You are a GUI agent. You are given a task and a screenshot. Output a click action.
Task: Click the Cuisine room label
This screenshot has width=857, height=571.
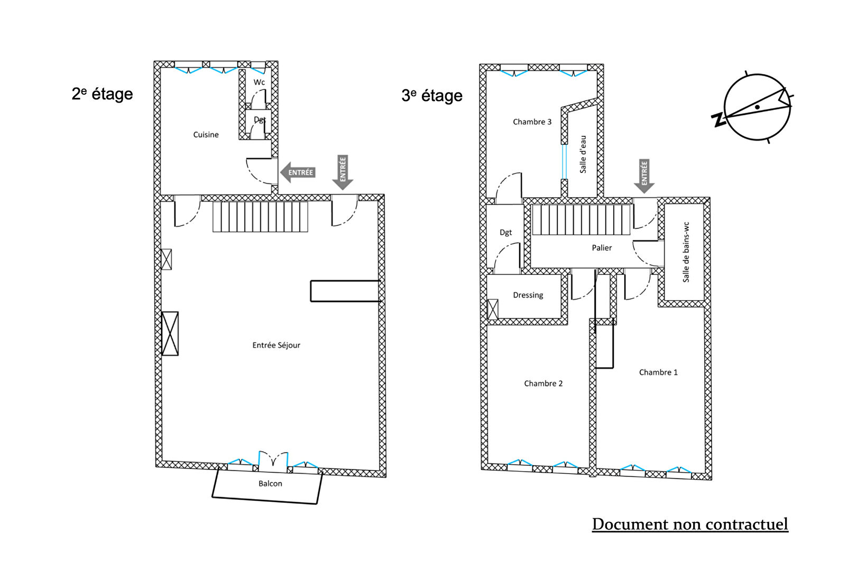[206, 135]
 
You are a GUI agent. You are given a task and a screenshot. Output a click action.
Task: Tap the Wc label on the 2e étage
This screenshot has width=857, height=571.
[259, 82]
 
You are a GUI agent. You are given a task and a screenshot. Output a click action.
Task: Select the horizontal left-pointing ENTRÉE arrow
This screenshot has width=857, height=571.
[298, 172]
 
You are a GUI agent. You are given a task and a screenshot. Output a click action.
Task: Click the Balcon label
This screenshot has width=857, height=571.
[270, 484]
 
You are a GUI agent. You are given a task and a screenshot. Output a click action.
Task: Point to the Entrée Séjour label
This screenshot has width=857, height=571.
[276, 345]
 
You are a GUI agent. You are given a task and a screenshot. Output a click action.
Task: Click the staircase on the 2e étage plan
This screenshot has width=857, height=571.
[260, 217]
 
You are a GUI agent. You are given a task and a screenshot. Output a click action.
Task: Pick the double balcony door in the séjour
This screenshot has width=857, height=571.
[273, 461]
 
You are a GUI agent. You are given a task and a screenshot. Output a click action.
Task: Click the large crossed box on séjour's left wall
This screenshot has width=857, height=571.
[170, 334]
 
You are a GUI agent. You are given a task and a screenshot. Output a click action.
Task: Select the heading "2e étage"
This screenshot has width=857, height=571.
[102, 94]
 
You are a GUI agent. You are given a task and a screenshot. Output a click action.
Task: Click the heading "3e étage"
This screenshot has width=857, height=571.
[431, 96]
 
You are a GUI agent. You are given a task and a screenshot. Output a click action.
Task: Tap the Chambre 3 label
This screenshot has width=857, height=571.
[532, 122]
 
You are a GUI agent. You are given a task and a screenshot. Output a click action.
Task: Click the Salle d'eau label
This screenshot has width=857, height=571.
[583, 154]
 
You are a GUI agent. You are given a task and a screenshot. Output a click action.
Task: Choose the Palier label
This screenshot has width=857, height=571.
[602, 248]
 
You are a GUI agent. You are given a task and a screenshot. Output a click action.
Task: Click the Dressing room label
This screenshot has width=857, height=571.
[528, 296]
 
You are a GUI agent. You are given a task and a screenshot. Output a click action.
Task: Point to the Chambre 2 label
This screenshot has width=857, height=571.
[543, 384]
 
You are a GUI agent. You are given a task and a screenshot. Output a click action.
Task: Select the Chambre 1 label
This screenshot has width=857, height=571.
[658, 373]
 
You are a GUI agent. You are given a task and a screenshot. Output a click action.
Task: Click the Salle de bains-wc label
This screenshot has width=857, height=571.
[686, 252]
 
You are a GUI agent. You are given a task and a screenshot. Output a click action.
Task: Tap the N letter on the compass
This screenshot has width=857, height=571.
[718, 120]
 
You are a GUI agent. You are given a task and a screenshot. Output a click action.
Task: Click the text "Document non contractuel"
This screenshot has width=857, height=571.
[690, 524]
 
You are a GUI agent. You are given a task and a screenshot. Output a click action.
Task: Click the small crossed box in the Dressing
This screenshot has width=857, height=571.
[492, 309]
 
